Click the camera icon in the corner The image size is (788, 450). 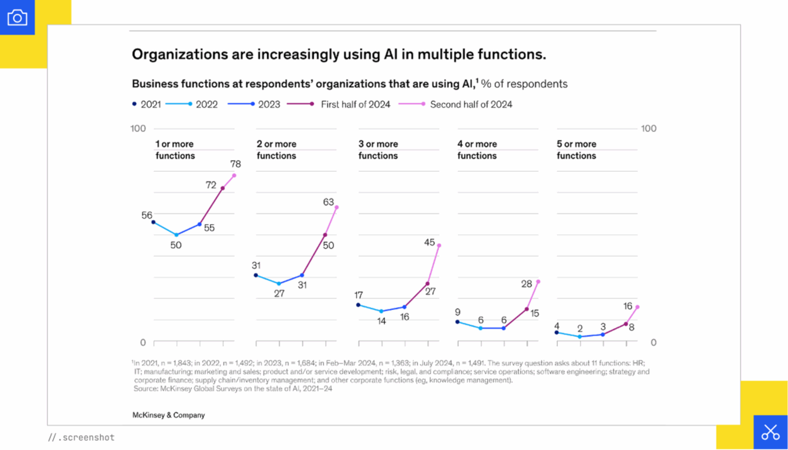point(17,18)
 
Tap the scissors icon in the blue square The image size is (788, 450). point(770,432)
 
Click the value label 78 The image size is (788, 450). point(235,163)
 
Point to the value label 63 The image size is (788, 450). point(329,202)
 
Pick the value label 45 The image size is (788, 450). point(430,242)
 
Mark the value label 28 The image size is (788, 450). point(527,284)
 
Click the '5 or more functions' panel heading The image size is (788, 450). point(576,149)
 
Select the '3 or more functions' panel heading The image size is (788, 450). point(378,149)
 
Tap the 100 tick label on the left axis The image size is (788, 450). point(138,128)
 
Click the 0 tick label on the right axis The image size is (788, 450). point(653,342)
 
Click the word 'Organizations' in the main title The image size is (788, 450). point(175,55)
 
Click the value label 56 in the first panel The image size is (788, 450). point(146,216)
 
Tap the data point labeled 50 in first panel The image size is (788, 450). point(176,235)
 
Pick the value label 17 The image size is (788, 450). point(358,295)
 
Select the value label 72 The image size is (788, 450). point(211,185)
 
